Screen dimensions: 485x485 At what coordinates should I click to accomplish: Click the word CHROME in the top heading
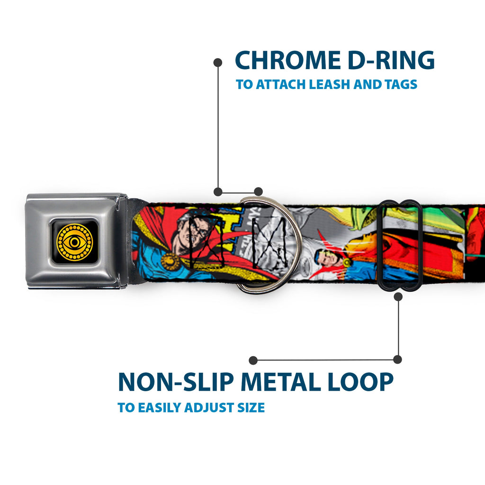[287, 60]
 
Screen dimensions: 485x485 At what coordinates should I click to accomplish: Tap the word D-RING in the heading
[391, 60]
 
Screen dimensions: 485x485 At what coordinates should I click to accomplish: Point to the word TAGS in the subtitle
[401, 84]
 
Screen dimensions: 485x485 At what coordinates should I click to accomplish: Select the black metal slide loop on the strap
[399, 245]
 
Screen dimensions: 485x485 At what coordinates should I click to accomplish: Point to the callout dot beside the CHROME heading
[218, 63]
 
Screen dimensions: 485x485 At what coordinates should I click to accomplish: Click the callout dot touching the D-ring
[258, 191]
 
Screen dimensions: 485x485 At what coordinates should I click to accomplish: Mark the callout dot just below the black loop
[398, 296]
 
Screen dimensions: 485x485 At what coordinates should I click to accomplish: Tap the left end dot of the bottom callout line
[253, 360]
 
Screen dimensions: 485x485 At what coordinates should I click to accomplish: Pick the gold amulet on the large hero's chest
[170, 261]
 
